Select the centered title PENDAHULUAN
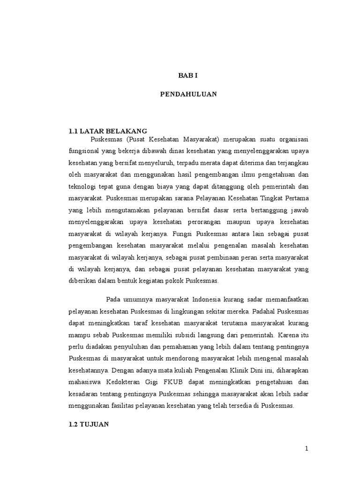(x=188, y=94)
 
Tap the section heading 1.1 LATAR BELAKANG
(x=108, y=131)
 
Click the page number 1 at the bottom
(x=307, y=449)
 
